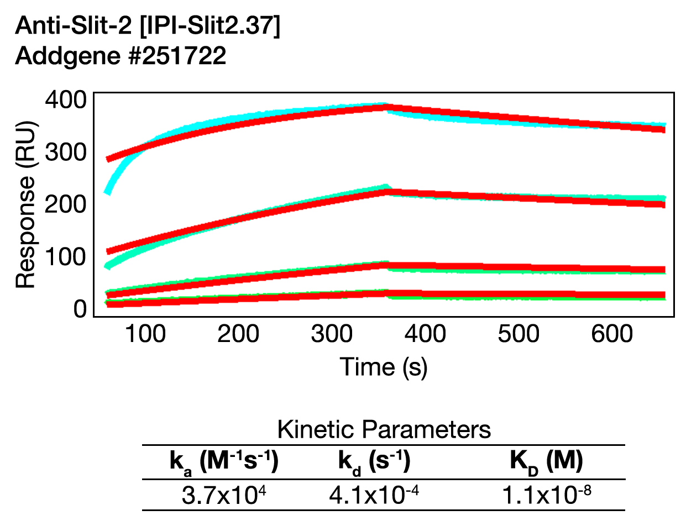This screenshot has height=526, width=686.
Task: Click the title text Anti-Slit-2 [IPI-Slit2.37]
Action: [148, 26]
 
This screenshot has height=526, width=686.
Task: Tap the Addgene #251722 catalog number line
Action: [121, 56]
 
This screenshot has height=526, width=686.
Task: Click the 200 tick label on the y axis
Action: [65, 204]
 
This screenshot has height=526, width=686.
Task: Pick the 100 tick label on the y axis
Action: [65, 256]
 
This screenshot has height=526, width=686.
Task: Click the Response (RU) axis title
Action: [25, 205]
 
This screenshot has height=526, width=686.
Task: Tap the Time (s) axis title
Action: [383, 366]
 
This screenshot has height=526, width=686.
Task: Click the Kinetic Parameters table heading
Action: [384, 429]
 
